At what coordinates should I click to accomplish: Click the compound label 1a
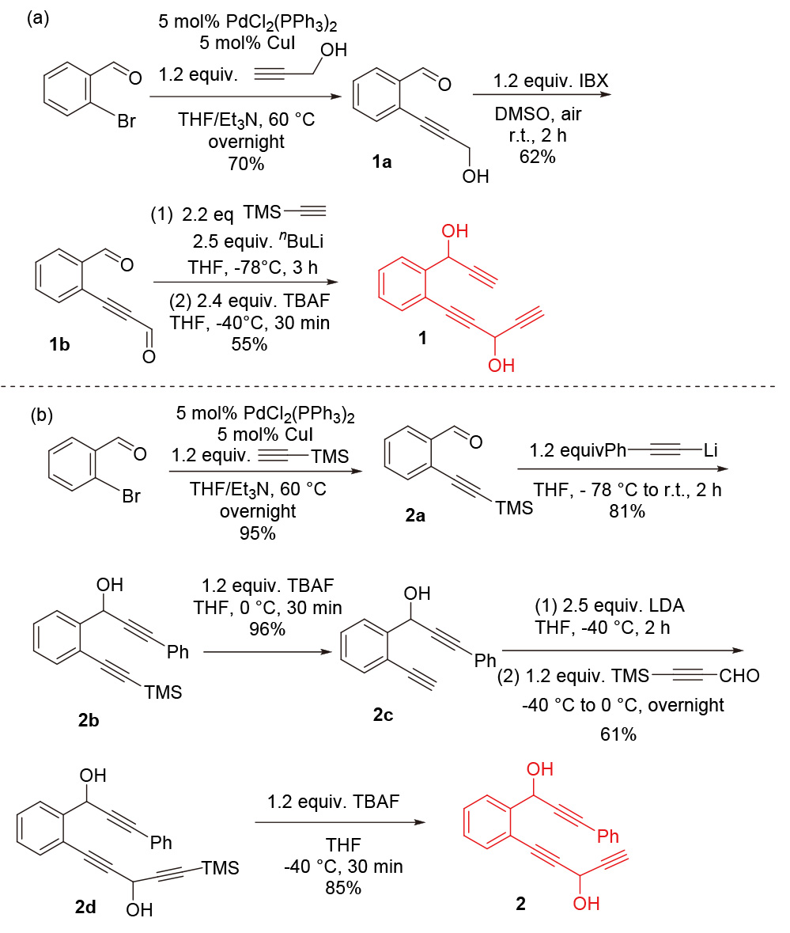382,162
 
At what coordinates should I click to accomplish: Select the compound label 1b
59,344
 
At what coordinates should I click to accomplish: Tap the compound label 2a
415,515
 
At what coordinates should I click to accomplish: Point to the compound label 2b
89,720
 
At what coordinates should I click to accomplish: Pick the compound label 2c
383,714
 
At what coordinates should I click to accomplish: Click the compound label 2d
85,907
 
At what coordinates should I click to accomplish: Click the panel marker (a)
38,18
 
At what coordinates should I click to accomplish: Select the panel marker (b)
42,415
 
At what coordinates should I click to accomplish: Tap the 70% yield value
246,164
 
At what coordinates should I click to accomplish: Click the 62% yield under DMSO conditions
538,157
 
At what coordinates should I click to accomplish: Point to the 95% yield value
257,533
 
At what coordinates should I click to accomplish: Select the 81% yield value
627,511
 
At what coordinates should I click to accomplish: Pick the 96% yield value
267,629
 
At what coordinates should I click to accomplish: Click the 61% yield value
618,734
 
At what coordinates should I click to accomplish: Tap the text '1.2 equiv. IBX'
551,81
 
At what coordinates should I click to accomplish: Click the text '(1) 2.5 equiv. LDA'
610,605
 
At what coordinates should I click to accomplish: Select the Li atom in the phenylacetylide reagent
711,449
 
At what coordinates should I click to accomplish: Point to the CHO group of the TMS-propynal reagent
739,675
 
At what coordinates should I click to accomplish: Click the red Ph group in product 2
607,836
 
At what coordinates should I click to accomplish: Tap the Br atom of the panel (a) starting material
127,121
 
